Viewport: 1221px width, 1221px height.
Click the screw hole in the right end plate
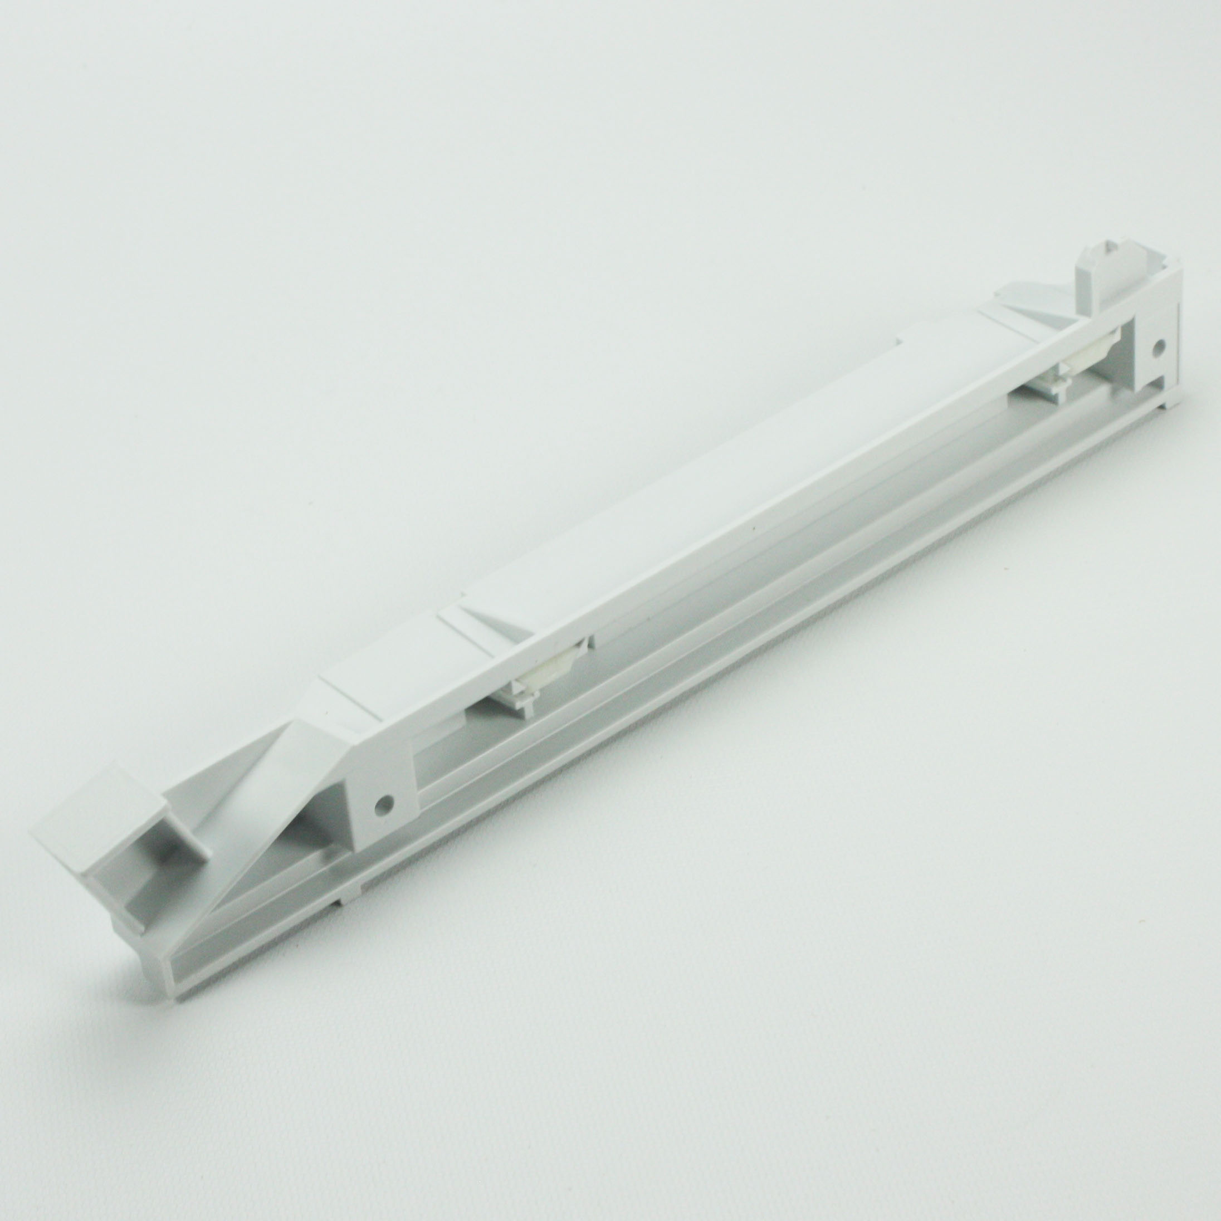coord(1159,346)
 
